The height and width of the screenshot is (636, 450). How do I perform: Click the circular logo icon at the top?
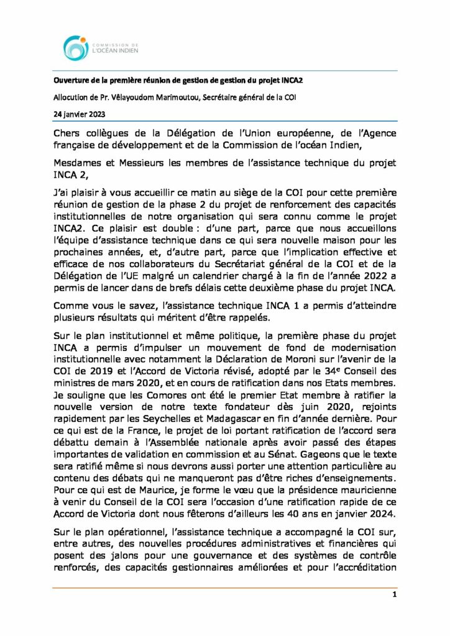click(x=76, y=48)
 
